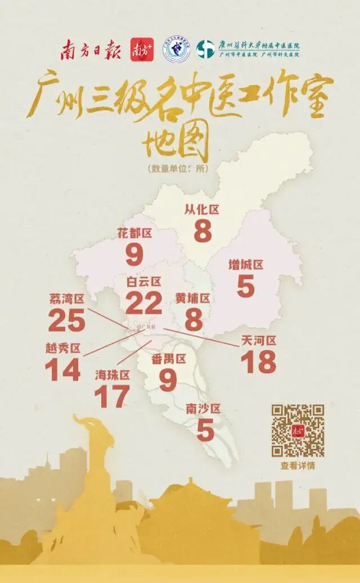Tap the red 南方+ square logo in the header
tap(142, 51)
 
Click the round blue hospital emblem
tap(176, 51)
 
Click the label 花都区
tap(135, 232)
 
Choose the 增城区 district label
tap(246, 264)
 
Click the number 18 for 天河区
tap(259, 361)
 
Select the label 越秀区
tap(63, 348)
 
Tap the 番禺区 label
tap(168, 359)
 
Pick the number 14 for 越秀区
tap(62, 370)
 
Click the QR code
tap(298, 430)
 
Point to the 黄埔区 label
tap(192, 298)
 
